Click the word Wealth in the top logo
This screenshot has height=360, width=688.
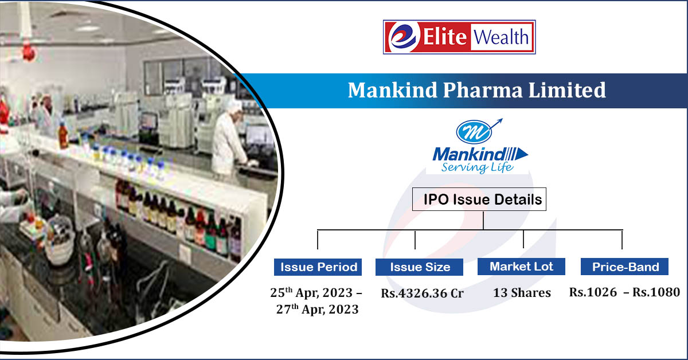coord(501,38)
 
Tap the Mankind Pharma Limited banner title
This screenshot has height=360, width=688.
coord(476,90)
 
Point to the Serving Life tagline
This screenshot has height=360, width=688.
coord(477,167)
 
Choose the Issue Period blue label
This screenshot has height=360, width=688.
coord(317,267)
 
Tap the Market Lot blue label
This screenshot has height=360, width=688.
coord(521,267)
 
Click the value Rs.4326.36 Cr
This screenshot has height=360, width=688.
coord(422,293)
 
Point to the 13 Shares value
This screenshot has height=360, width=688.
coord(522,293)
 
